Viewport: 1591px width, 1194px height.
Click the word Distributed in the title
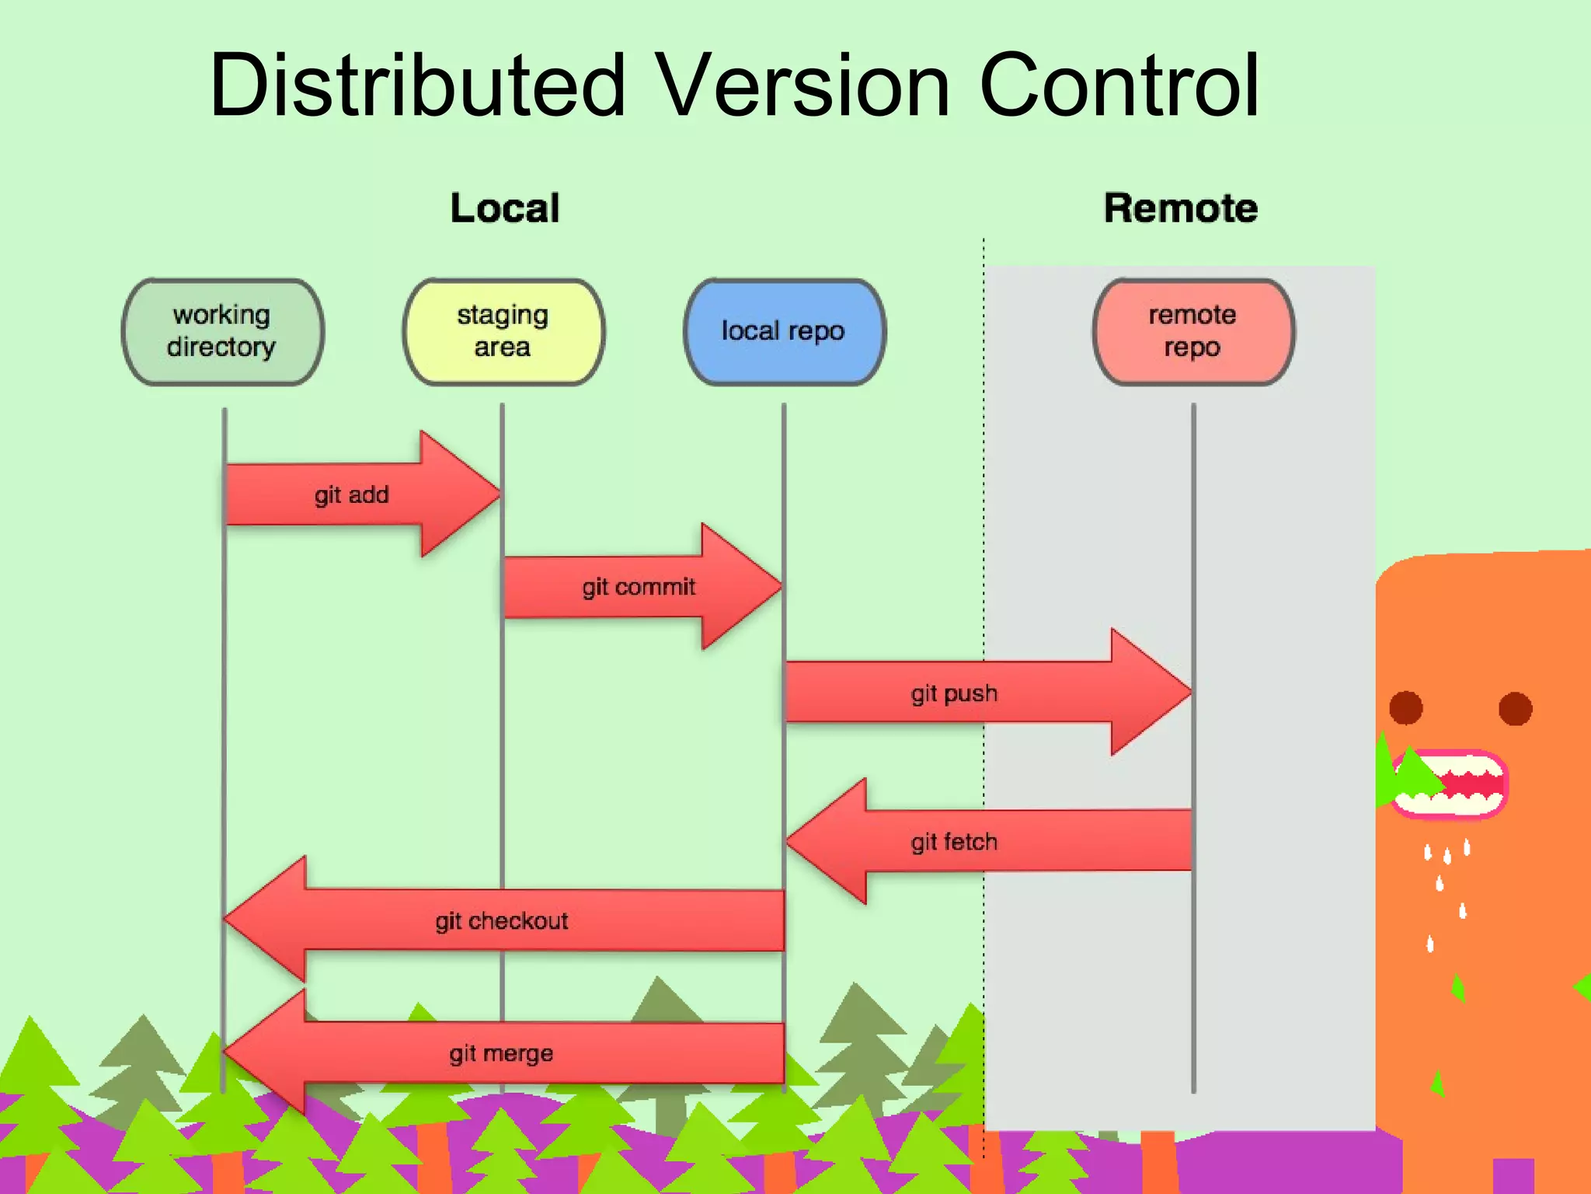tap(417, 86)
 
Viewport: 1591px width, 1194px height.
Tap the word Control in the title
tap(1119, 86)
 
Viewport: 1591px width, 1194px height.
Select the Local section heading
tap(505, 208)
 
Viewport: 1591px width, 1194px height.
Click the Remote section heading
tap(1180, 208)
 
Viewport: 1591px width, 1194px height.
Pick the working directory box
tap(222, 332)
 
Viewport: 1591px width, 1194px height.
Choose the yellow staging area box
tap(503, 332)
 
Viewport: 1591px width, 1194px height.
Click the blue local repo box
tap(784, 332)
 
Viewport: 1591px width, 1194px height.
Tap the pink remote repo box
tap(1193, 332)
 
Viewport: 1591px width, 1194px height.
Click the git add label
tap(351, 495)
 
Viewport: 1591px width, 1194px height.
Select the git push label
tap(954, 693)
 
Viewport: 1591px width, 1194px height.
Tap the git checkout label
tap(502, 921)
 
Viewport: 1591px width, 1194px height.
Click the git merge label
tap(501, 1054)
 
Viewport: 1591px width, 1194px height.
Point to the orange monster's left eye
tap(1405, 708)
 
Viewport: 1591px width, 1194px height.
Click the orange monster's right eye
tap(1515, 708)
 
